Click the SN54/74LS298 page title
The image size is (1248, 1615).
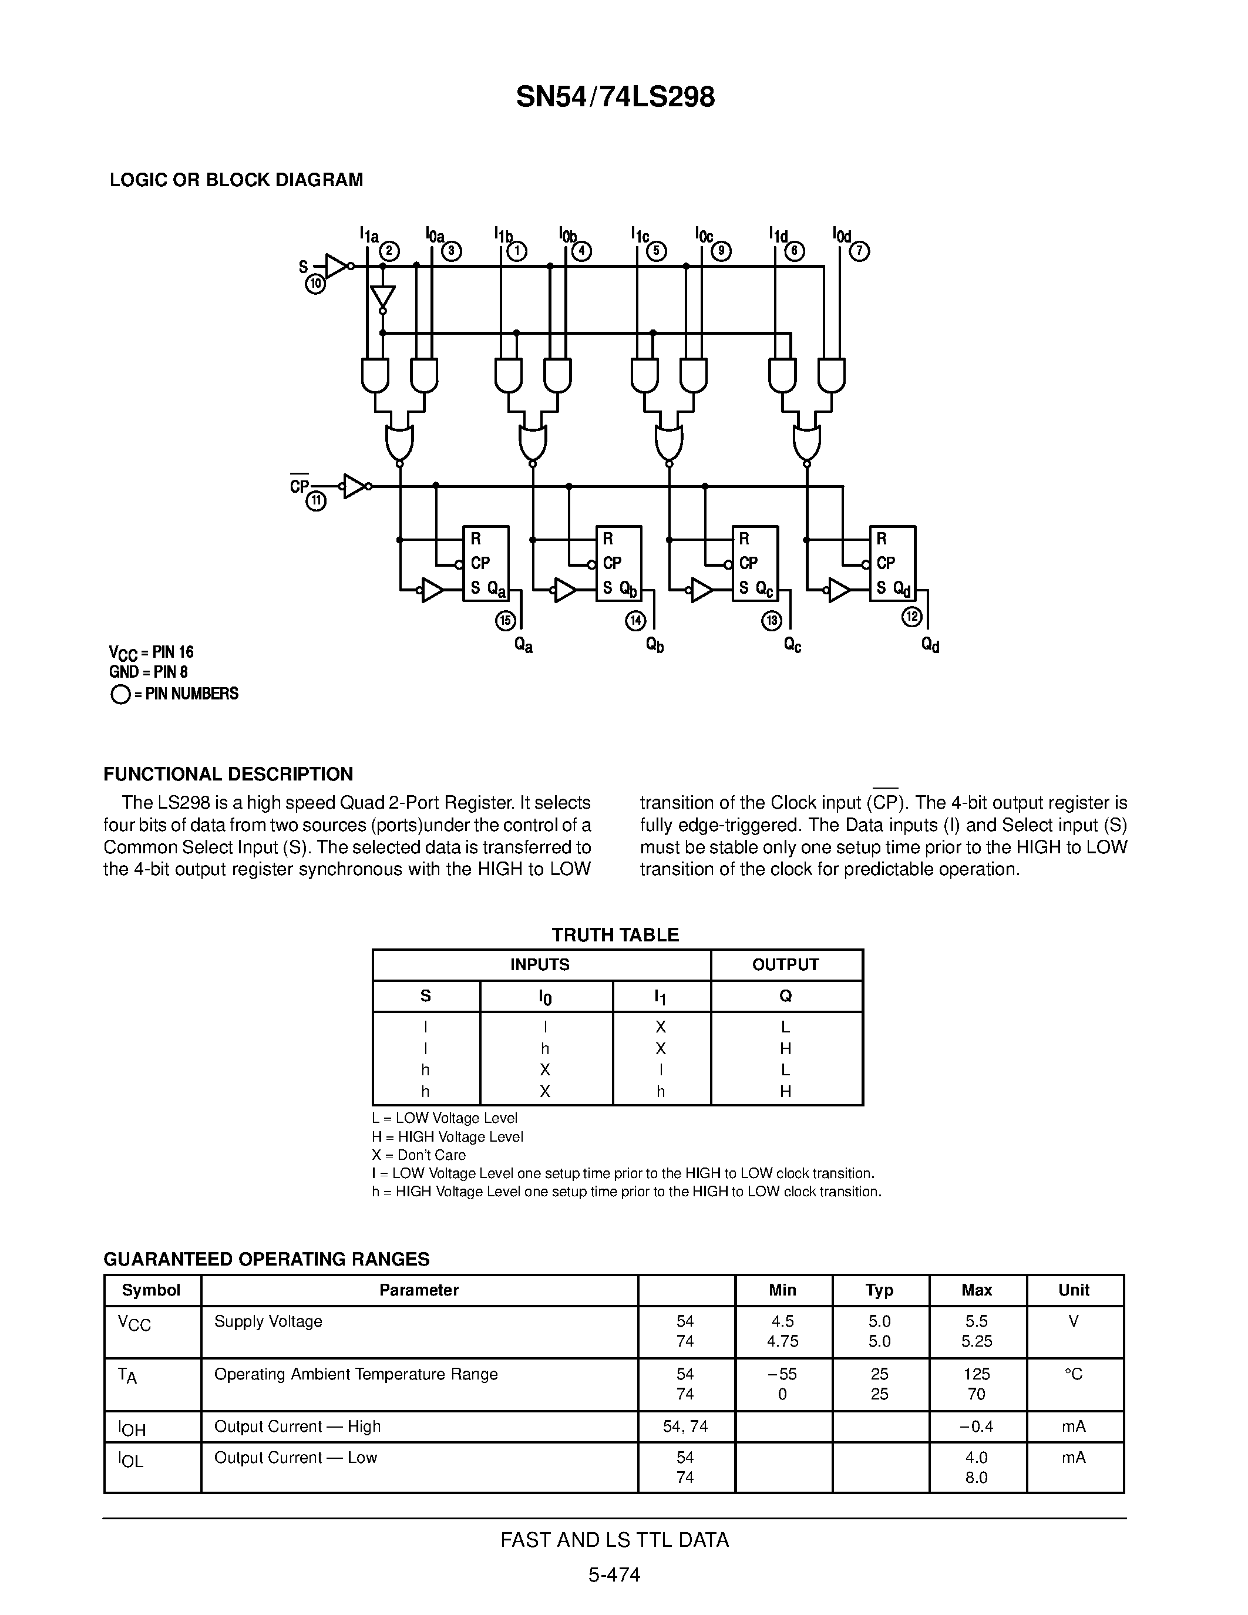tap(615, 97)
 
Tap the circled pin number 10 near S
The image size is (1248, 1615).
tap(316, 284)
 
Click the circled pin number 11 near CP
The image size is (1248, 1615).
tap(317, 502)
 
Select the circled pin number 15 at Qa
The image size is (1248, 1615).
tap(505, 620)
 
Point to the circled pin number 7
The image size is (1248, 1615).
tap(859, 251)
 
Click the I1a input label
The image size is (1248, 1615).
tap(369, 235)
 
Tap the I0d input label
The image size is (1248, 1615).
tap(842, 235)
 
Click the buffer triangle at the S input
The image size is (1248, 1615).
tap(337, 265)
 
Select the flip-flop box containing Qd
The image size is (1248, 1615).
tap(892, 563)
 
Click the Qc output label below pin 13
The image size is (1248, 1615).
tap(793, 645)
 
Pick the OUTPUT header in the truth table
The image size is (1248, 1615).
tap(785, 964)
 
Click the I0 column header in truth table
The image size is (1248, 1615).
tap(545, 997)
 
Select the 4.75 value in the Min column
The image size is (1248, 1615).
tap(782, 1341)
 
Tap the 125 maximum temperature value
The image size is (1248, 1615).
tap(976, 1374)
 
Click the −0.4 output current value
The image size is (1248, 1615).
tap(976, 1426)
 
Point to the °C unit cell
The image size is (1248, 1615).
tap(1074, 1374)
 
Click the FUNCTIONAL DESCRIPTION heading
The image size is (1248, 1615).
tap(228, 774)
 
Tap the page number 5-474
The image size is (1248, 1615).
tap(614, 1575)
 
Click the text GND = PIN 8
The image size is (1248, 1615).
tap(149, 672)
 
